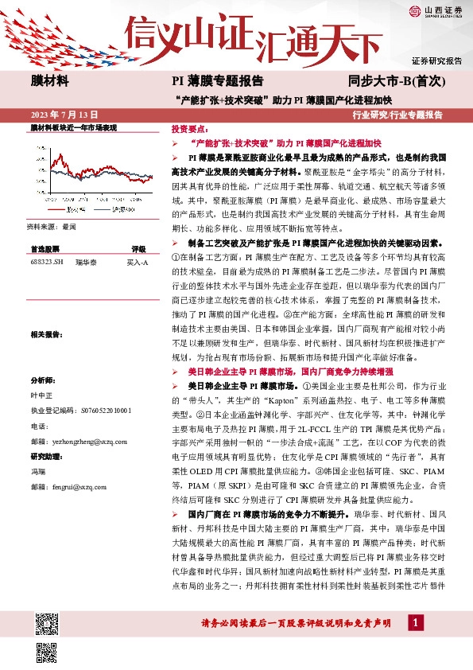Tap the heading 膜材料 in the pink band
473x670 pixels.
50,81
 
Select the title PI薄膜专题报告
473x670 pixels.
218,81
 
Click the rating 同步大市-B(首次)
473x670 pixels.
390,81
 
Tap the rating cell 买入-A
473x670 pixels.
138,261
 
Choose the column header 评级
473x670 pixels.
138,249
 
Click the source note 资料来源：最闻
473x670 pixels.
52,227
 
